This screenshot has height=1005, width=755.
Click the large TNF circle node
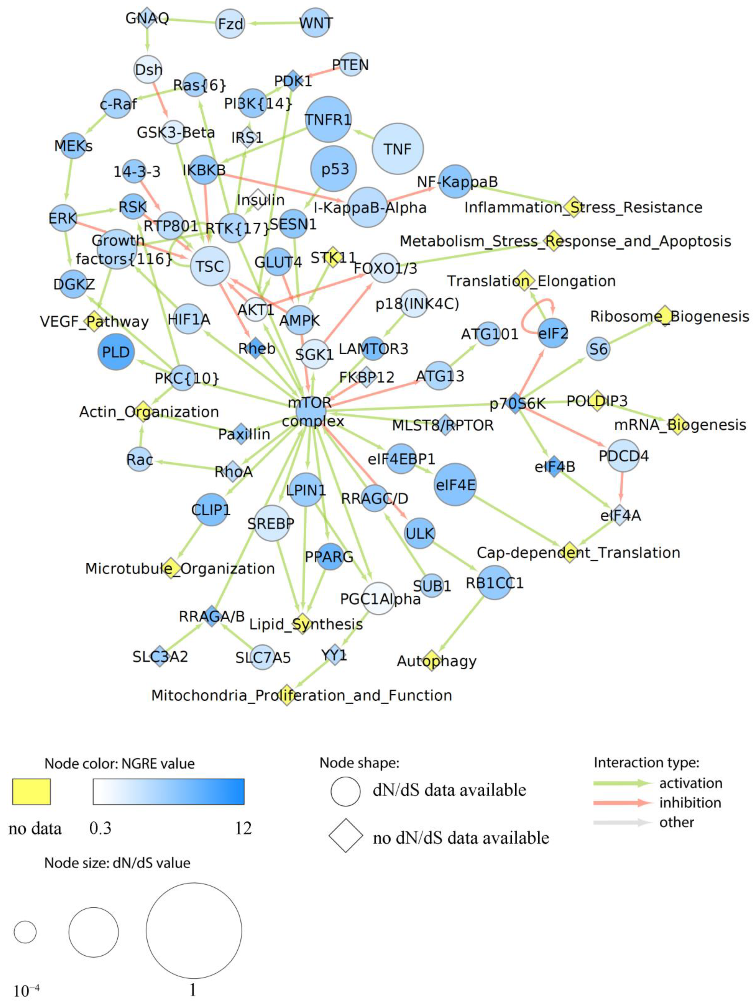click(397, 149)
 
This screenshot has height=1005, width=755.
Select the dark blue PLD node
click(116, 352)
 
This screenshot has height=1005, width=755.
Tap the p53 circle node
click(333, 169)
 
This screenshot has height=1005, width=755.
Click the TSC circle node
click(210, 266)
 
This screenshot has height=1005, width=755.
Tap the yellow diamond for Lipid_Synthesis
click(302, 624)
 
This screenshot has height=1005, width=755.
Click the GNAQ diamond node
click(146, 18)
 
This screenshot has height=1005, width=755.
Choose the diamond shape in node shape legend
click(346, 836)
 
